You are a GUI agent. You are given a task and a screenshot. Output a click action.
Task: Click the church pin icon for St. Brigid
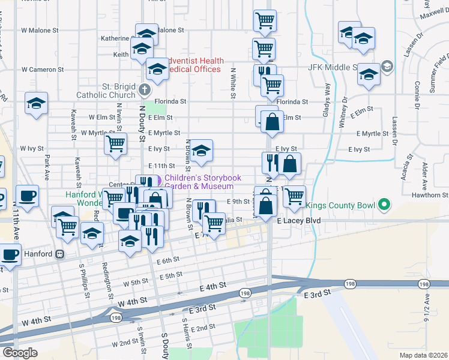(x=143, y=91)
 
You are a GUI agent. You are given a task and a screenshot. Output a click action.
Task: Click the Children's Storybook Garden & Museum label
(x=203, y=182)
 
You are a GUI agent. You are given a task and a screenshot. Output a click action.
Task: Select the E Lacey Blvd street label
(x=298, y=221)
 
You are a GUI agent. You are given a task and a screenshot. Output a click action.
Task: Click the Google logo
(x=19, y=353)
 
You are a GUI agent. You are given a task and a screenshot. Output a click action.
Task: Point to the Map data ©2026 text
(x=423, y=355)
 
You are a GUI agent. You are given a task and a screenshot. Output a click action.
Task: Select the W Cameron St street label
(x=40, y=69)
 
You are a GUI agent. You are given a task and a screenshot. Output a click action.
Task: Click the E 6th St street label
(x=168, y=260)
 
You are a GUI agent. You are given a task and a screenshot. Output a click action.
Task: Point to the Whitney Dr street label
(x=344, y=110)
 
